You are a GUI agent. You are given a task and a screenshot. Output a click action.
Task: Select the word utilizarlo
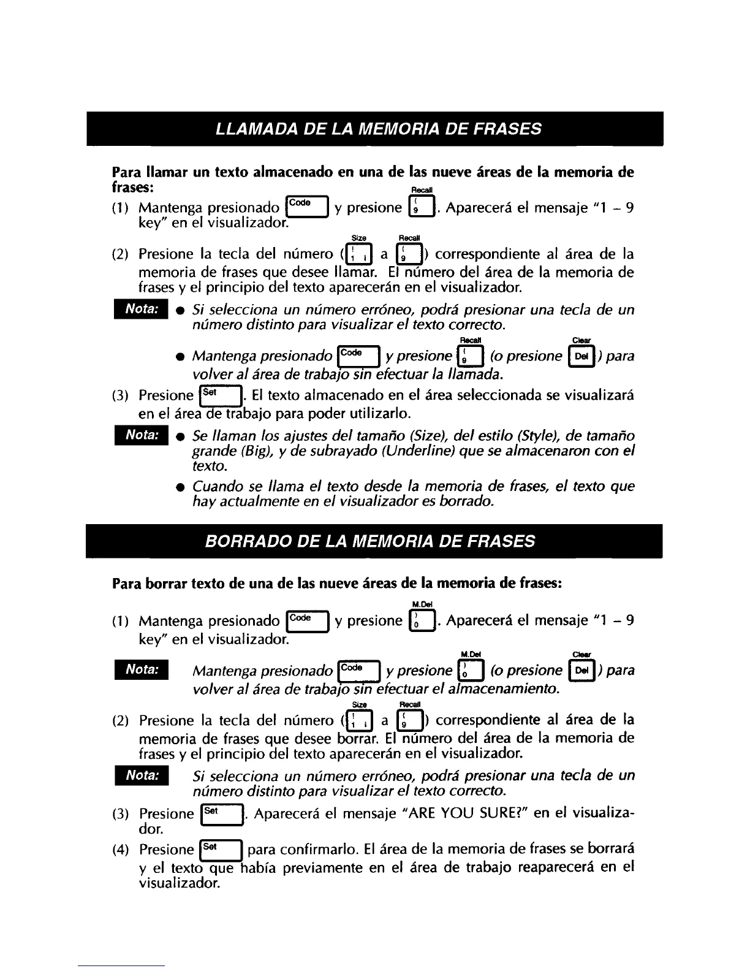[x=376, y=412]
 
